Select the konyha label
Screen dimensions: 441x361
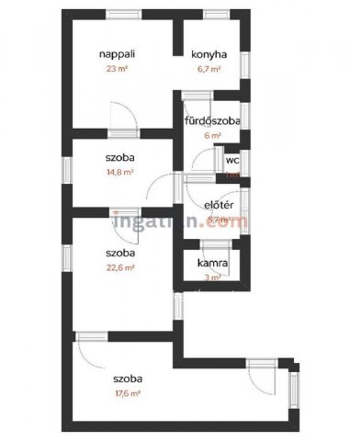click(209, 54)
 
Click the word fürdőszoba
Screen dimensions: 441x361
click(212, 121)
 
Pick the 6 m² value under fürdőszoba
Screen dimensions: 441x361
click(213, 135)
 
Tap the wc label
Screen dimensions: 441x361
click(231, 158)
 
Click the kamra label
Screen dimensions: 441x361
click(213, 263)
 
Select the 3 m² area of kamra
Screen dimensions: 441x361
click(212, 276)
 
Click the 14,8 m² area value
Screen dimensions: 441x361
click(121, 171)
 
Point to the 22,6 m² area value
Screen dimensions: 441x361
click(121, 267)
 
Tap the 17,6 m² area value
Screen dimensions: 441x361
click(128, 392)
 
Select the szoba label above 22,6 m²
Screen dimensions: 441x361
click(121, 253)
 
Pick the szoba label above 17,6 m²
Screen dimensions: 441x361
click(128, 379)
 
